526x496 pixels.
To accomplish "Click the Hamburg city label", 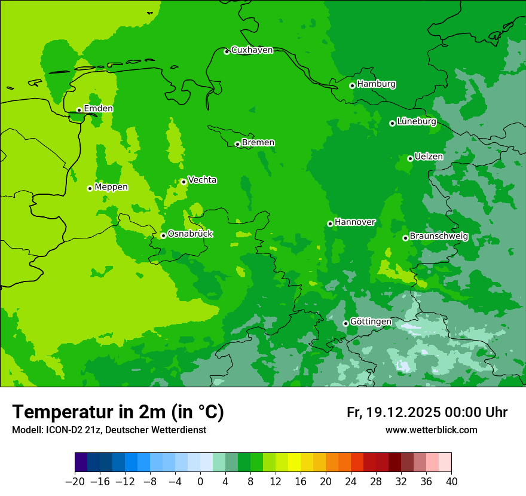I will tap(376, 84).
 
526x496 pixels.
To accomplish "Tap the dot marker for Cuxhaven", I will tap(227, 51).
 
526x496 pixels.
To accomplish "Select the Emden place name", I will tap(98, 109).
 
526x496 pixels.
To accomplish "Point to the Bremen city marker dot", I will tap(237, 144).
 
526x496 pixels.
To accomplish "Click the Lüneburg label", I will tap(416, 122).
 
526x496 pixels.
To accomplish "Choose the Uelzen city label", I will tap(429, 157).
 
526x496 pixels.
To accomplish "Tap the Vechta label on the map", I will tap(202, 180).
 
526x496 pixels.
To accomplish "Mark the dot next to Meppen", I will tap(90, 188).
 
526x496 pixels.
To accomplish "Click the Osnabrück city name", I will tap(190, 234).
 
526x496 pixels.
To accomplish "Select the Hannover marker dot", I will tap(330, 223).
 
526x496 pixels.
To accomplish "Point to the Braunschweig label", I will tap(439, 237).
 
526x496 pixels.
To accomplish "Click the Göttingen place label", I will tap(371, 322).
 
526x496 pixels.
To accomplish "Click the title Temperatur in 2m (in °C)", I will tap(118, 412).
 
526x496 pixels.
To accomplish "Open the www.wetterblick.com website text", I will tap(431, 430).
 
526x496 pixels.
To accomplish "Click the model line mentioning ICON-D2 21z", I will tap(109, 430).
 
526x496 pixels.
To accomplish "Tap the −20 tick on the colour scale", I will tap(75, 482).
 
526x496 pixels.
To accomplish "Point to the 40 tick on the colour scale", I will tap(451, 482).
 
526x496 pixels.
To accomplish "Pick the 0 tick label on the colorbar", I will tap(200, 482).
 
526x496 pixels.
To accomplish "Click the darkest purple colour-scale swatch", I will tap(81, 463).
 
